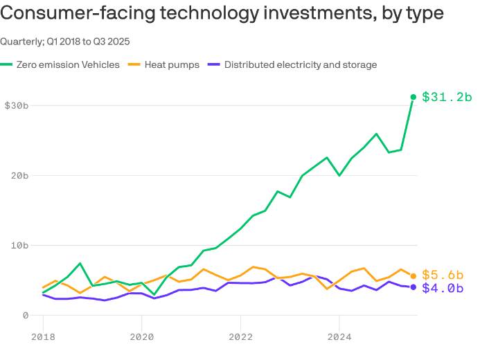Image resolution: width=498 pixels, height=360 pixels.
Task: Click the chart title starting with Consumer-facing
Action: pos(222,14)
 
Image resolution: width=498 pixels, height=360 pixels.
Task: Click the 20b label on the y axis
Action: pos(19,175)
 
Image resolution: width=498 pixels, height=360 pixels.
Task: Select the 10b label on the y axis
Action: pos(19,245)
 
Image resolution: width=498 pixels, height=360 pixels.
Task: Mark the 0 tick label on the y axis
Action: pos(26,315)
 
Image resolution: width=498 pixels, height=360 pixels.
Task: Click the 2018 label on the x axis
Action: pos(43,337)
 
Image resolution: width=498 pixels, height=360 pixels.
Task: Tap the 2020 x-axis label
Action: pos(141,337)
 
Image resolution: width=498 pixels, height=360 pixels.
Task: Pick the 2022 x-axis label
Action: pos(240,337)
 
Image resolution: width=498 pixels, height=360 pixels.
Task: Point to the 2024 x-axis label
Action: pos(339,337)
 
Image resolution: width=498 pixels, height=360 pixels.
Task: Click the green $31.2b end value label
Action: pos(447,97)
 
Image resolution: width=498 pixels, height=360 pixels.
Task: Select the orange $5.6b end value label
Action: pos(443,275)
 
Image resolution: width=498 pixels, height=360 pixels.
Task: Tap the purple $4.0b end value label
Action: pos(443,288)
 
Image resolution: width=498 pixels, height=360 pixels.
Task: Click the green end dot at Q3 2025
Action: pos(413,97)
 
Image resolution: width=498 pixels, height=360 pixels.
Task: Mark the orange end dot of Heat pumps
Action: pos(413,276)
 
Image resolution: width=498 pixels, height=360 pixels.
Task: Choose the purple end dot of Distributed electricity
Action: pos(413,287)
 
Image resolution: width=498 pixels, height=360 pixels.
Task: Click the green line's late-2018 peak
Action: pos(80,263)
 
